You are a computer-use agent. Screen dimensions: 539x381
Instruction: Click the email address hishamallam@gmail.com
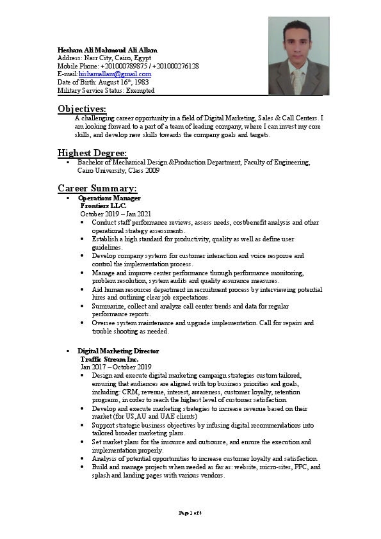click(x=115, y=74)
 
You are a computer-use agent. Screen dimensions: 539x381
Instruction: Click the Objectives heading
click(x=82, y=109)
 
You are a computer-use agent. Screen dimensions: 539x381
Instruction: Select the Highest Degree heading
click(x=92, y=153)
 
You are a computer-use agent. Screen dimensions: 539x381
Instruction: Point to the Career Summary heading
click(x=97, y=188)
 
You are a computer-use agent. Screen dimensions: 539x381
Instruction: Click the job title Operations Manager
click(x=109, y=198)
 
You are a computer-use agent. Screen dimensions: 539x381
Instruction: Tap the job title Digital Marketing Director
click(x=118, y=351)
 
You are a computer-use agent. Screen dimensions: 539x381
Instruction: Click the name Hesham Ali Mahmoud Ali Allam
click(x=107, y=50)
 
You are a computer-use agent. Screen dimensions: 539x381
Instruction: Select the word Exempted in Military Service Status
click(x=140, y=91)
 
